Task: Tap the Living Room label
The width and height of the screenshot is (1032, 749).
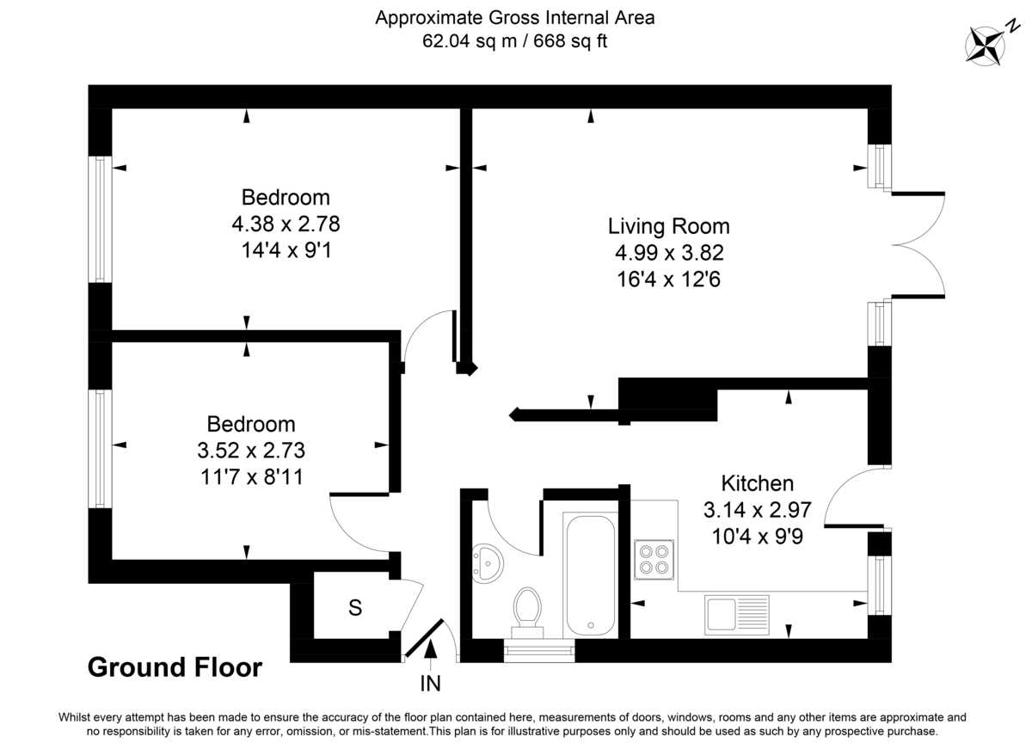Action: pyautogui.click(x=668, y=226)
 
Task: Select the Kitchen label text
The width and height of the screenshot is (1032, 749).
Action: pyautogui.click(x=757, y=483)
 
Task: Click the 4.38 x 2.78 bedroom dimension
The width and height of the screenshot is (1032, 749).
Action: pyautogui.click(x=286, y=224)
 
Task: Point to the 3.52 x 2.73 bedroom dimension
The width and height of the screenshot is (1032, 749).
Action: pyautogui.click(x=251, y=451)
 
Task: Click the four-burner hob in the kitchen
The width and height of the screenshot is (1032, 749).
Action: pyautogui.click(x=654, y=556)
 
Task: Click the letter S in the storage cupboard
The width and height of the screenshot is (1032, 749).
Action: pyautogui.click(x=354, y=608)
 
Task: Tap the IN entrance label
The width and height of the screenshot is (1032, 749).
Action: pyautogui.click(x=430, y=685)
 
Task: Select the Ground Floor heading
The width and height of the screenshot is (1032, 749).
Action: pyautogui.click(x=175, y=667)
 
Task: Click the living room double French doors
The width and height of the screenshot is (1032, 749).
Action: pyautogui.click(x=918, y=245)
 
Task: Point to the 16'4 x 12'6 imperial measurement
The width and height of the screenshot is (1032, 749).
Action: pyautogui.click(x=668, y=279)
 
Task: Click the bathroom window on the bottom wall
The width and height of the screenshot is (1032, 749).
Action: pyautogui.click(x=539, y=651)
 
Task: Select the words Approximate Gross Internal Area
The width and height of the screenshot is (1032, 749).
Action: pyautogui.click(x=514, y=17)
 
